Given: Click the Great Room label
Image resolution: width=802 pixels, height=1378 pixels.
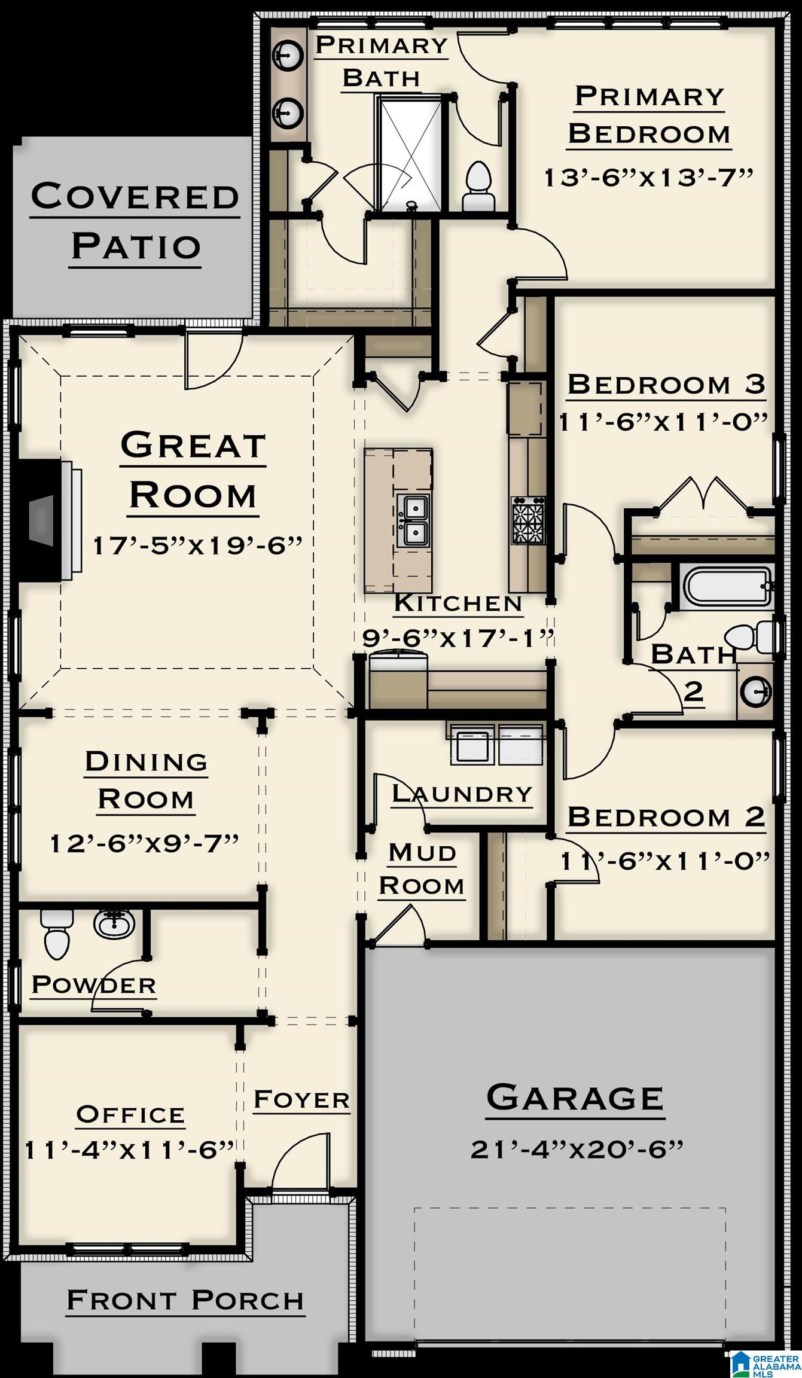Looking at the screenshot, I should tap(193, 470).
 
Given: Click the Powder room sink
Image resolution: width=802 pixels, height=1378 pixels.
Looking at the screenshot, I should tap(114, 923).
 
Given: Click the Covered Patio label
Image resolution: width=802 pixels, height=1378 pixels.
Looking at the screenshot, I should tap(135, 221).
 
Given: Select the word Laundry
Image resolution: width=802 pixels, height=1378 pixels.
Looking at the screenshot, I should tap(462, 794).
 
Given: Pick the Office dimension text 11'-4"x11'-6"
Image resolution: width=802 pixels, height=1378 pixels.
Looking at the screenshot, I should tap(129, 1150).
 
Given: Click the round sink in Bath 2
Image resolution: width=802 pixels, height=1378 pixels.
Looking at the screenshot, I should tap(755, 692).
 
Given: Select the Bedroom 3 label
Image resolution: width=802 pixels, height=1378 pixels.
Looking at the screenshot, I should tap(666, 384).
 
